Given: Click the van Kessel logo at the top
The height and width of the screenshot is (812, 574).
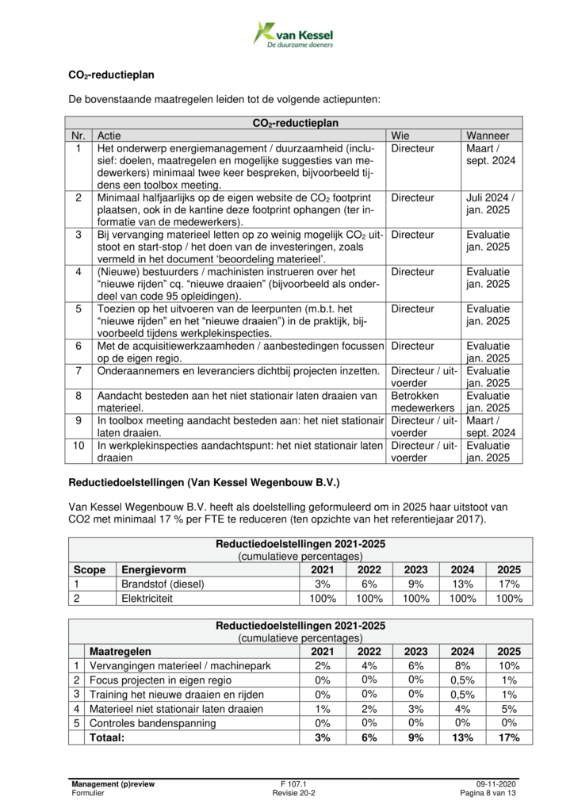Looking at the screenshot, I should pos(293,35).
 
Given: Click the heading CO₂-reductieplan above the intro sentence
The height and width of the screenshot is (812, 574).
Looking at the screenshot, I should pos(111,76).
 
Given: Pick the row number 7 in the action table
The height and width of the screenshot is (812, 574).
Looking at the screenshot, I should pos(78,371).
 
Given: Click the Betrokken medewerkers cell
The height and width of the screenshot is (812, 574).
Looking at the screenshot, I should pos(418,401).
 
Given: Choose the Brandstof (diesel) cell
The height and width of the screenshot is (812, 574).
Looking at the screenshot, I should pos(163,584).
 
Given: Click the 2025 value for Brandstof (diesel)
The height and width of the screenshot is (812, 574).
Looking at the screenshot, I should pos(509,584).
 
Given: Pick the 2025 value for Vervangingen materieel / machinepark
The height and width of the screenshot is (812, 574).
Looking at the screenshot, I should pos(509,665).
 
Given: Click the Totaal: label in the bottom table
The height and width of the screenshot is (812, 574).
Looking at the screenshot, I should pos(108,737).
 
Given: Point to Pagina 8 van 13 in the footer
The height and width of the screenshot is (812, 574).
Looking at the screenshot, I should pos(489,793).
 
